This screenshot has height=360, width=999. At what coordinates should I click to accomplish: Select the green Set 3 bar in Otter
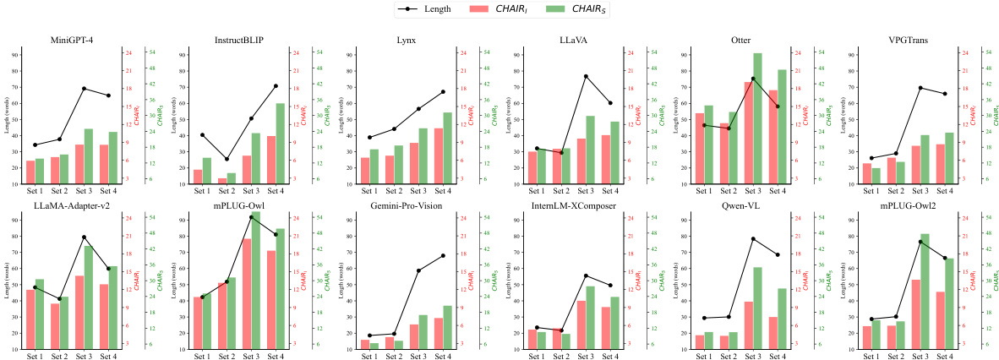[734, 118]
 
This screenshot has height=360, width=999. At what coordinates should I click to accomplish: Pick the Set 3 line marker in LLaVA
[586, 76]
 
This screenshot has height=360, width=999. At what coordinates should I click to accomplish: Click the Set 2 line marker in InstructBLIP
[227, 159]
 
